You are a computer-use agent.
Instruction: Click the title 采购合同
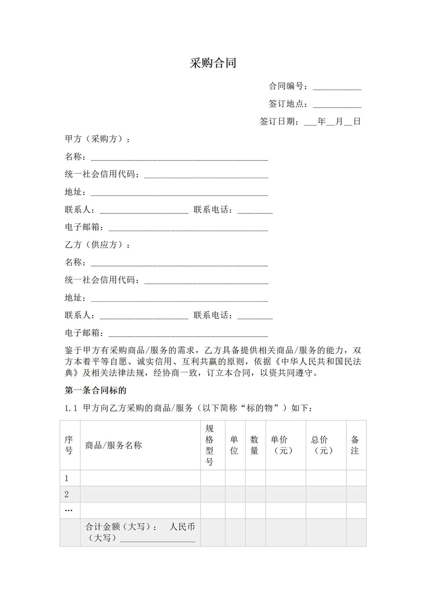click(213, 63)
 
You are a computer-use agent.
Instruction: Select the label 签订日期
click(279, 122)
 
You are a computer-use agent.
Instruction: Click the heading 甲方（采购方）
click(97, 139)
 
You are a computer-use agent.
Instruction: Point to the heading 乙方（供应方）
click(97, 245)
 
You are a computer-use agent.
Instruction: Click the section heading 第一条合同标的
click(96, 390)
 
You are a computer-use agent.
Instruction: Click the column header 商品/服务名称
click(113, 446)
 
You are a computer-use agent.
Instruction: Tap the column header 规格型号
click(209, 445)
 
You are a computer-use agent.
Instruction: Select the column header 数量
click(254, 446)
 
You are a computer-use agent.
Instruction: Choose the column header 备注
click(355, 446)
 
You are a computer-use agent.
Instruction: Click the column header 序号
click(69, 446)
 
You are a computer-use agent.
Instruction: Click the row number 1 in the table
click(67, 478)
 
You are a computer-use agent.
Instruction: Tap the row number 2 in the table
click(67, 494)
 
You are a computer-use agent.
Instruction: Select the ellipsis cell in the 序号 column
click(69, 510)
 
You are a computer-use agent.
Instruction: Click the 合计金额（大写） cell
click(140, 532)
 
